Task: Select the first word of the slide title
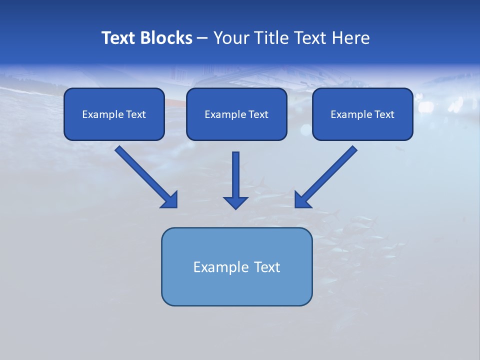118,38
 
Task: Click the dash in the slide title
202,38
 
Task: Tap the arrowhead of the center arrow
235,202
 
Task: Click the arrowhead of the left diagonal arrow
170,200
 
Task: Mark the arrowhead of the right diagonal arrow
301,200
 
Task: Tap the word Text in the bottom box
267,267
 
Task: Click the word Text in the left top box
135,114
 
